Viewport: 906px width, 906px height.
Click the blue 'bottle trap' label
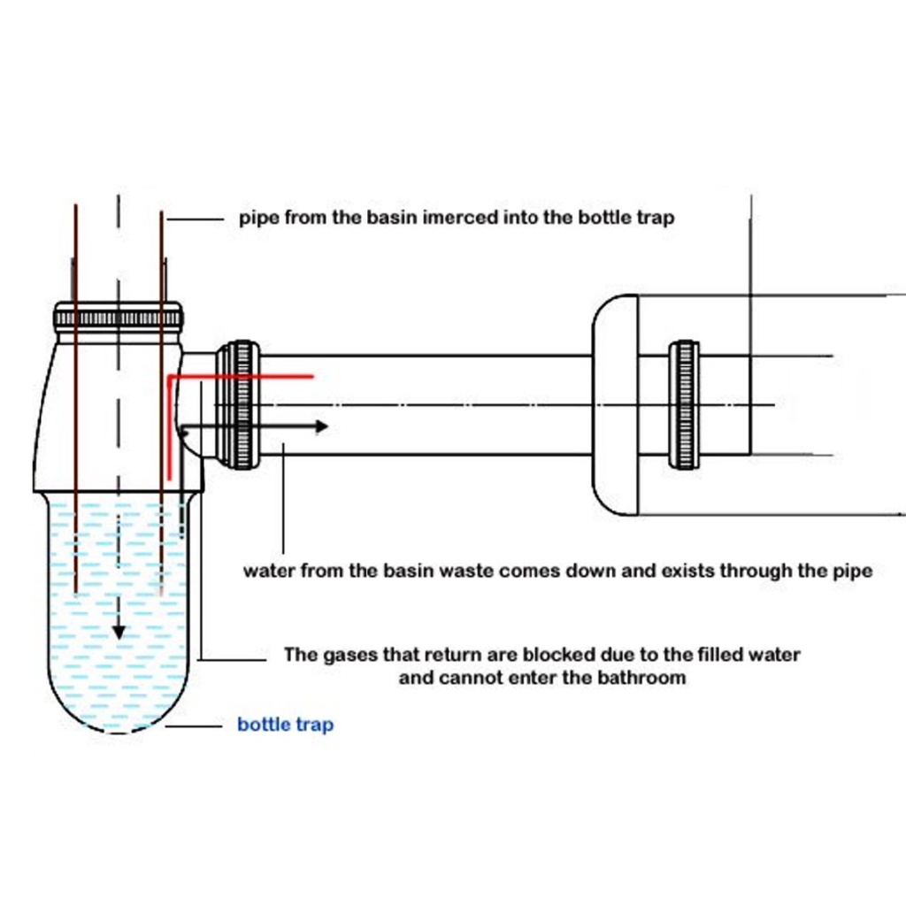285,726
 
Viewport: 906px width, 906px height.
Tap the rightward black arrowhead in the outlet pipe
322,426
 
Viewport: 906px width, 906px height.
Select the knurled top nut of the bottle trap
118,316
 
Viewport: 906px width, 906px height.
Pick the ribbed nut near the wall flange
683,404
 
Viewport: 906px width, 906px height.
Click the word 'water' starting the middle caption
270,571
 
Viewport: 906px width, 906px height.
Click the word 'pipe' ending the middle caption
853,571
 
